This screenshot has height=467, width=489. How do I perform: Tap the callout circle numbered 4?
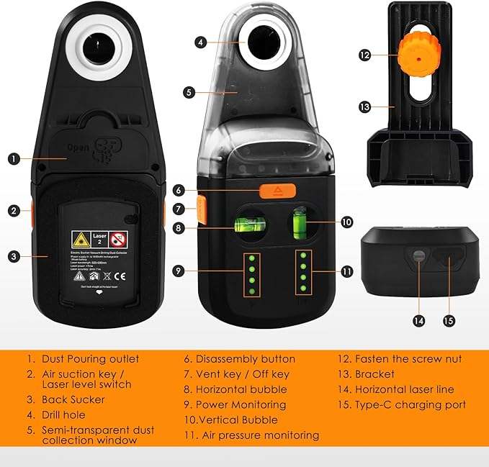coord(200,42)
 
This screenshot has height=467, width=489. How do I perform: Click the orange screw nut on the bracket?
coord(418,52)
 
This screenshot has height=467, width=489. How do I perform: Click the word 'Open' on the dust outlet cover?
coord(77,150)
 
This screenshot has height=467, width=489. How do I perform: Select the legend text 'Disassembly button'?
coord(246,358)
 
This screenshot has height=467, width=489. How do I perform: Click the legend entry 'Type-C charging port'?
coord(410,404)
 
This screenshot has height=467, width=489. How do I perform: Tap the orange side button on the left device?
coord(34,210)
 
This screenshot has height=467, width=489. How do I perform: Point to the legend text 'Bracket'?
coord(374,374)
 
